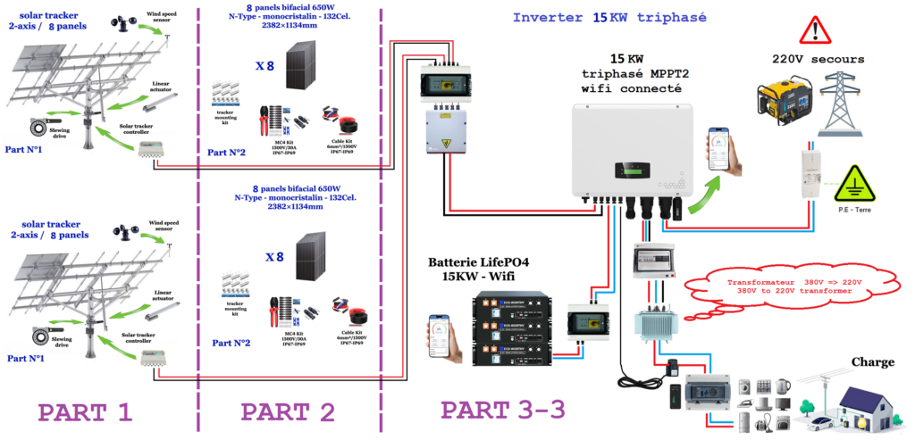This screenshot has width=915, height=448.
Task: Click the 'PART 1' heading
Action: (x=85, y=413)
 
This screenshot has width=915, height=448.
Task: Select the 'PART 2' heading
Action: (x=288, y=413)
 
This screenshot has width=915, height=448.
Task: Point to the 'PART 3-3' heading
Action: (x=503, y=410)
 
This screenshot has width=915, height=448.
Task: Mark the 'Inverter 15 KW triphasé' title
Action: (x=598, y=17)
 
